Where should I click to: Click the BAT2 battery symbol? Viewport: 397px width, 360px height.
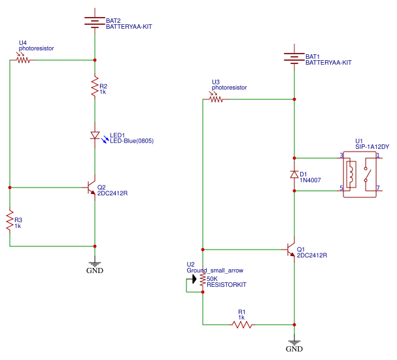pos(95,22)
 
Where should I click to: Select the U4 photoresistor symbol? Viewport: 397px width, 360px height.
pos(23,59)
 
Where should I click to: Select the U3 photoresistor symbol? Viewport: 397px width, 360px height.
pos(216,99)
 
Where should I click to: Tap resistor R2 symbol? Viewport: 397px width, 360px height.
pos(95,88)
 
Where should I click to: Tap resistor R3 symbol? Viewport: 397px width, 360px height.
pos(10,221)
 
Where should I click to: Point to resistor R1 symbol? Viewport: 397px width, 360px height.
pos(242,324)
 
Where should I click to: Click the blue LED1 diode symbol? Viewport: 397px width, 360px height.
pos(95,136)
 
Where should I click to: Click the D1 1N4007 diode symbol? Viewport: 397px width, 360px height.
pos(294,174)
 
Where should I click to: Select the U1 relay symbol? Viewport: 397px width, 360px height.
pos(358,174)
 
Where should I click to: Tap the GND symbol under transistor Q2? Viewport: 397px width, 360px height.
pos(95,265)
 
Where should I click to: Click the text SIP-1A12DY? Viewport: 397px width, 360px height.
pos(371,147)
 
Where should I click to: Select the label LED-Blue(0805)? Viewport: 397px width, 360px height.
pos(131,140)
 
